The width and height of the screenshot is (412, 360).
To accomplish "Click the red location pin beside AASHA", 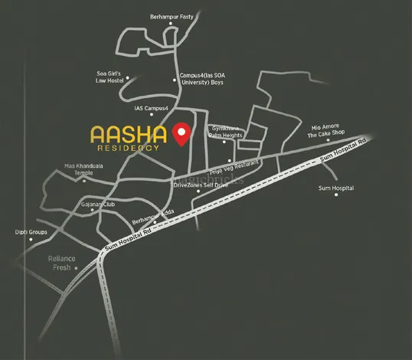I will (181, 133).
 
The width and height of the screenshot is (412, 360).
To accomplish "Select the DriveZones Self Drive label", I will (201, 185).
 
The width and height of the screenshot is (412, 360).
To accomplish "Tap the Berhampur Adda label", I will (153, 220).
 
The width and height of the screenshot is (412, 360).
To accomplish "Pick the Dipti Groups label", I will (31, 232).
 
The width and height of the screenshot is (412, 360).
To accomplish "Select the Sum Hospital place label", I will (335, 188).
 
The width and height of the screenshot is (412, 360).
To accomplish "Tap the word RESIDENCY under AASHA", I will (132, 149).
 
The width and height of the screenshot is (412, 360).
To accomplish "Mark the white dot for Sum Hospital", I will (335, 195).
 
